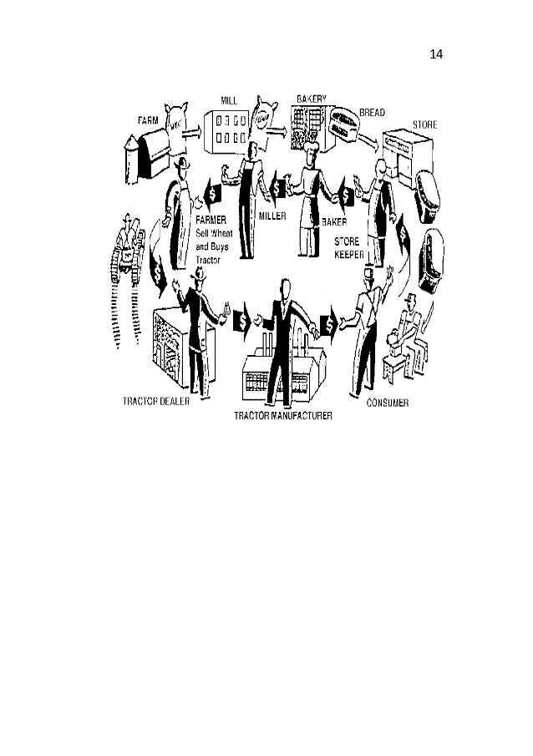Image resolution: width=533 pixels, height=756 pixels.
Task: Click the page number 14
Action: (436, 55)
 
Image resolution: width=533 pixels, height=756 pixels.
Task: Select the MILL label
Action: (228, 99)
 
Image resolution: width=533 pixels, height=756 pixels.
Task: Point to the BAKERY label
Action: (309, 99)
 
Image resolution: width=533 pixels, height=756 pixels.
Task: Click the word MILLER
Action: (272, 215)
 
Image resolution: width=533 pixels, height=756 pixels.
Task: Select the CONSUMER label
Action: (388, 403)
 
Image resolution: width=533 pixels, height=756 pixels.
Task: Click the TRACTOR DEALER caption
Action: (156, 400)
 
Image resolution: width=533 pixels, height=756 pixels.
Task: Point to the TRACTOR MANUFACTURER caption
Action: (282, 415)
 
